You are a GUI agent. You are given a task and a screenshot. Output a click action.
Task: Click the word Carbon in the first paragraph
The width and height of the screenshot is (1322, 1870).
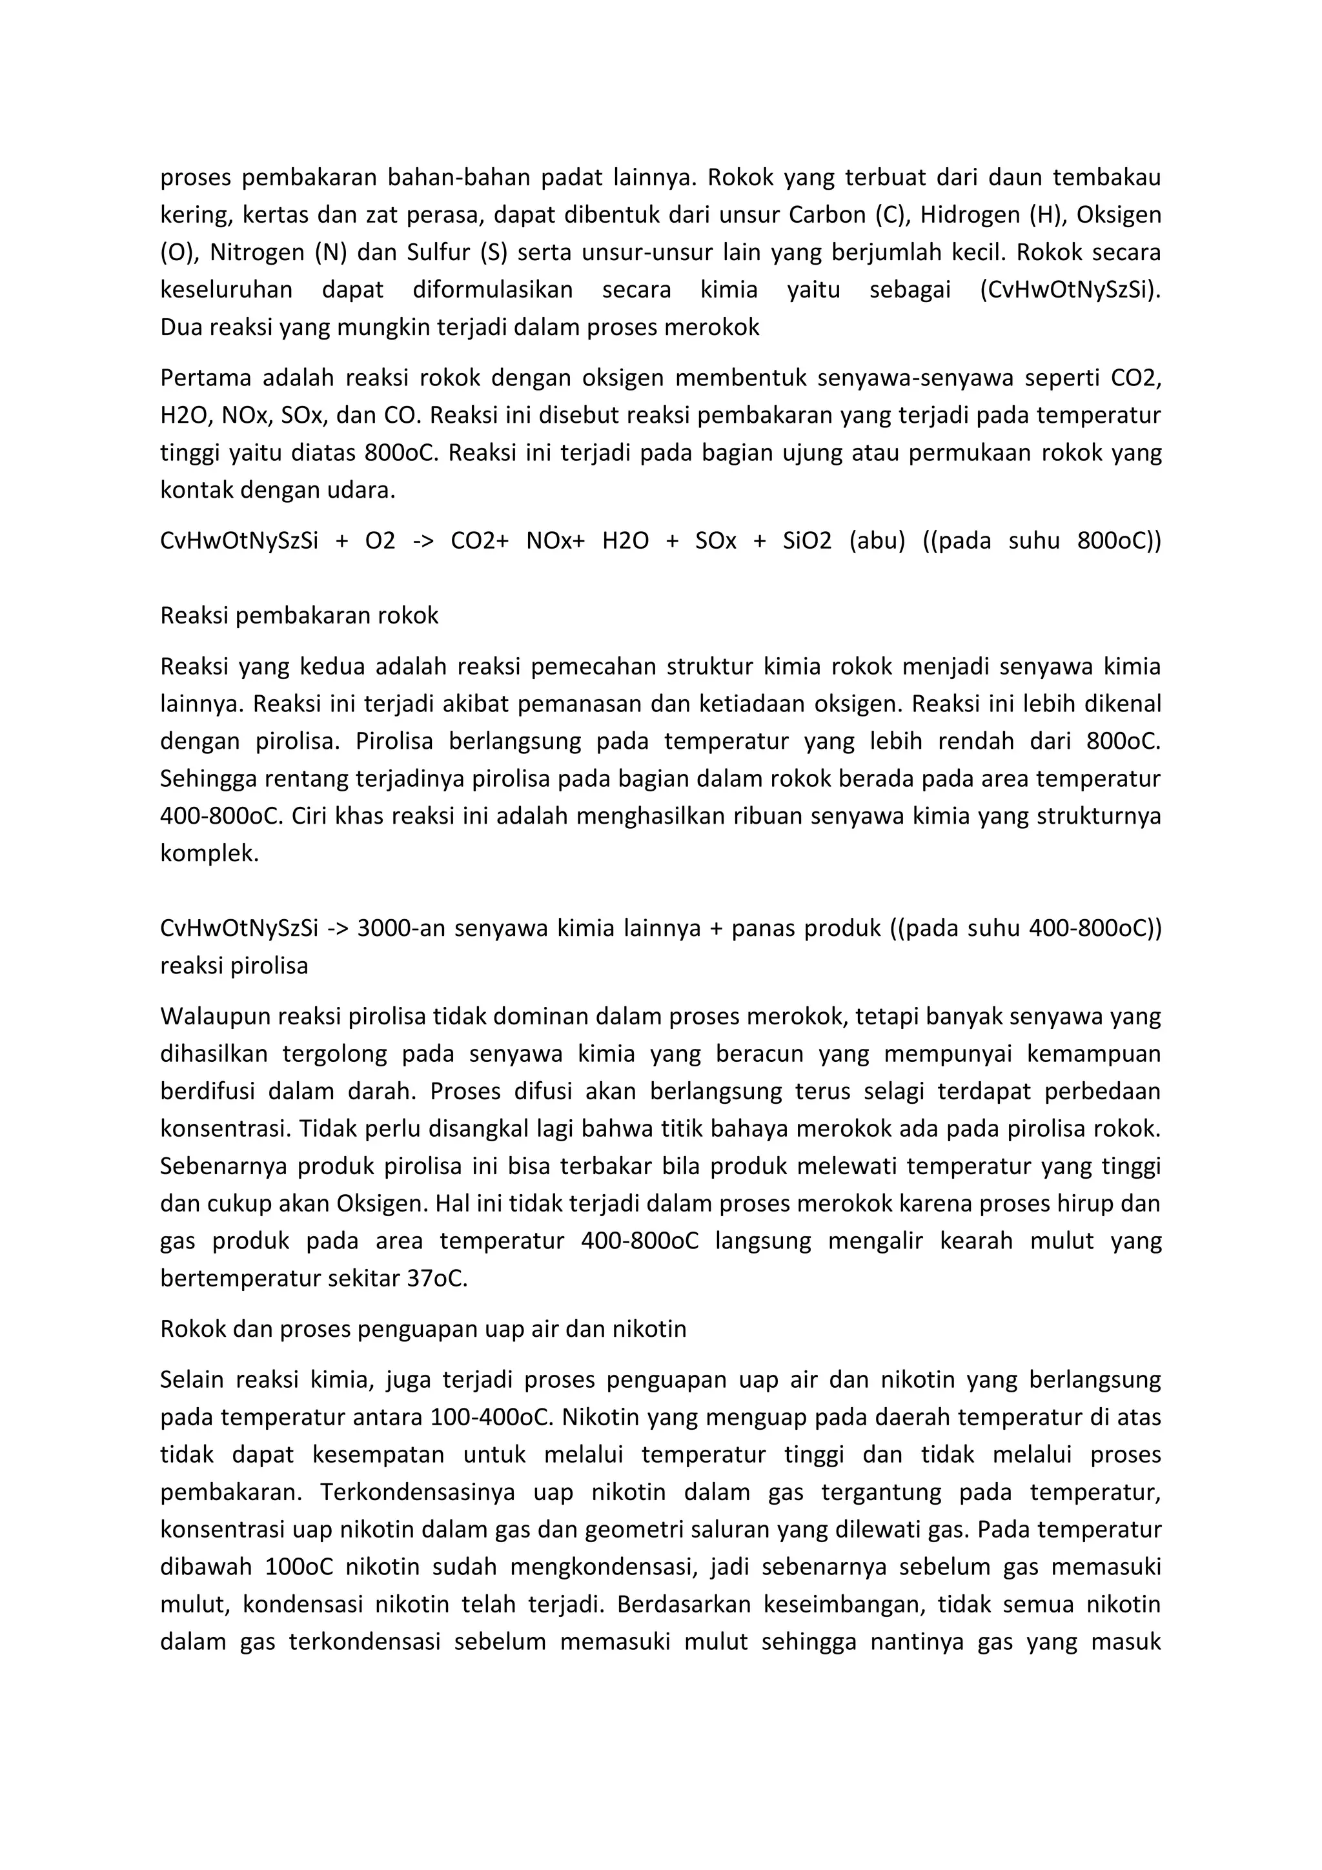point(827,215)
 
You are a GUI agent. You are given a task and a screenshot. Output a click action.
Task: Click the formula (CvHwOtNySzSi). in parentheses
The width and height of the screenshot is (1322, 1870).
point(1070,290)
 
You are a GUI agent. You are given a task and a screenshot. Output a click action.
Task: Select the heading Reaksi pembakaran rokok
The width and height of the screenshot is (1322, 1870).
point(299,616)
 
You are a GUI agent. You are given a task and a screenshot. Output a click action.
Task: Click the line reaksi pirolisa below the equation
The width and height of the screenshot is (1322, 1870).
point(234,966)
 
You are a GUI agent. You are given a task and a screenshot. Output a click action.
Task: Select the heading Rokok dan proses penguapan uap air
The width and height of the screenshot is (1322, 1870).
point(423,1329)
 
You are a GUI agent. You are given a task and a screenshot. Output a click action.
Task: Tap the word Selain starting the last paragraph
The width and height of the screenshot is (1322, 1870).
point(192,1379)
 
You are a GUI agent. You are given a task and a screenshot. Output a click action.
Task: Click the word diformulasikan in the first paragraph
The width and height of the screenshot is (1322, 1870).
point(492,290)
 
